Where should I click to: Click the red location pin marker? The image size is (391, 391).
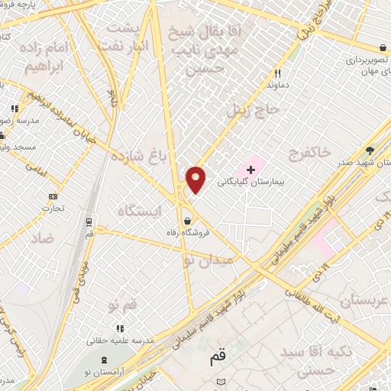[196, 180]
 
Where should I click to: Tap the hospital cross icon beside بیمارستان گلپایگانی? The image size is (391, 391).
[250, 168]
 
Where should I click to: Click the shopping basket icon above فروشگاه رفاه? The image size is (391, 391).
[187, 221]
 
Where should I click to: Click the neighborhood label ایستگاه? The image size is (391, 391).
[139, 209]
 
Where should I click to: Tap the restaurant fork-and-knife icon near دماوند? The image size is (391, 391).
[278, 74]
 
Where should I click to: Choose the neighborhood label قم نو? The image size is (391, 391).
[121, 305]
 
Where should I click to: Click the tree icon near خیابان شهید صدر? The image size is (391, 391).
[370, 150]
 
